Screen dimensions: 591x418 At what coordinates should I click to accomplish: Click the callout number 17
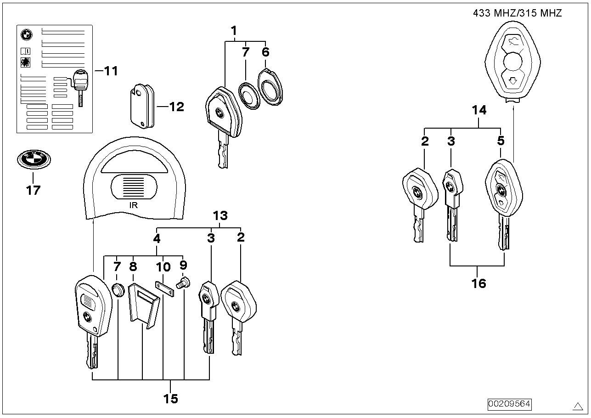point(33,190)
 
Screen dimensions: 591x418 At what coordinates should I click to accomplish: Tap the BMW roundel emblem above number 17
point(34,159)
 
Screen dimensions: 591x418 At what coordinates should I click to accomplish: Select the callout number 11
point(111,71)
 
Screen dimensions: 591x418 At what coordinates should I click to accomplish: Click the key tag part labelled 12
point(142,106)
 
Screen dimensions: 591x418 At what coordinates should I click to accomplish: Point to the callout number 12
point(176,107)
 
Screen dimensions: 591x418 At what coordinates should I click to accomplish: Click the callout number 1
point(234,31)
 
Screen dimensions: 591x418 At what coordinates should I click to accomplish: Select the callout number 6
point(265,52)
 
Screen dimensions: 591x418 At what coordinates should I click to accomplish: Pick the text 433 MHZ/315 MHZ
point(517,13)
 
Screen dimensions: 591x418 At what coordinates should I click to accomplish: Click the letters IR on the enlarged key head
point(134,205)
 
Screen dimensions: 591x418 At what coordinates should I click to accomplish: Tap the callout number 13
point(220,215)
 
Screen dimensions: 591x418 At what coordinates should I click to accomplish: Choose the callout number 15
point(171,399)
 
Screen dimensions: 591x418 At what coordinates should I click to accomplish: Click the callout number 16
point(478,283)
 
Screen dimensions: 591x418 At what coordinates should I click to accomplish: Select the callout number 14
point(479,110)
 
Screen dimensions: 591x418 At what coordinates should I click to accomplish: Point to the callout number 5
point(501,141)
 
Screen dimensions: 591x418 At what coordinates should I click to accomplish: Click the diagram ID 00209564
point(509,404)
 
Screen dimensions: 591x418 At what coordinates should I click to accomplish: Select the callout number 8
point(133,266)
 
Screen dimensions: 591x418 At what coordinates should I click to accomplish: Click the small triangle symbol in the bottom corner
point(578,406)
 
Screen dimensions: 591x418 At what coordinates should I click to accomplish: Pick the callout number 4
point(157,238)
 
